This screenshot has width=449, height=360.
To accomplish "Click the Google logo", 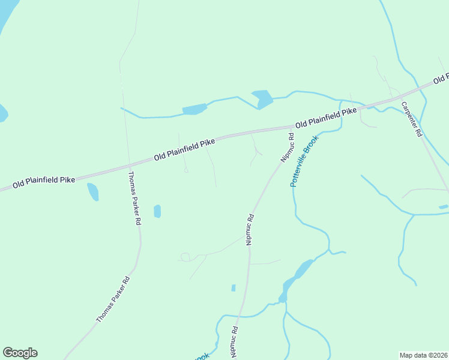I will coord(20,353).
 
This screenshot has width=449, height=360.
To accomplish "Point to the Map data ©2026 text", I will coord(423,355).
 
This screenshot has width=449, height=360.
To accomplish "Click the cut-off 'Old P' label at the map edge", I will coord(441,79).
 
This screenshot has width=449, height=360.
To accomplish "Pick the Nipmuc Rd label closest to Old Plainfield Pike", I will coord(286,148).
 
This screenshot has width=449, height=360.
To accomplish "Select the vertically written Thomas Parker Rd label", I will coord(135,199).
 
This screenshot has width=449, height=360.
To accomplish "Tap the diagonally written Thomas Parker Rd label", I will coord(113,299).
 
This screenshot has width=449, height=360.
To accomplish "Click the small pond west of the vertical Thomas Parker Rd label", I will coord(93,191).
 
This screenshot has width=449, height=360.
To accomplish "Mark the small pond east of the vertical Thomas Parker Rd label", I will coord(157,211).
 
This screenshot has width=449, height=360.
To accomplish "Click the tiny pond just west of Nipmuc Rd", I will coord(234,288).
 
